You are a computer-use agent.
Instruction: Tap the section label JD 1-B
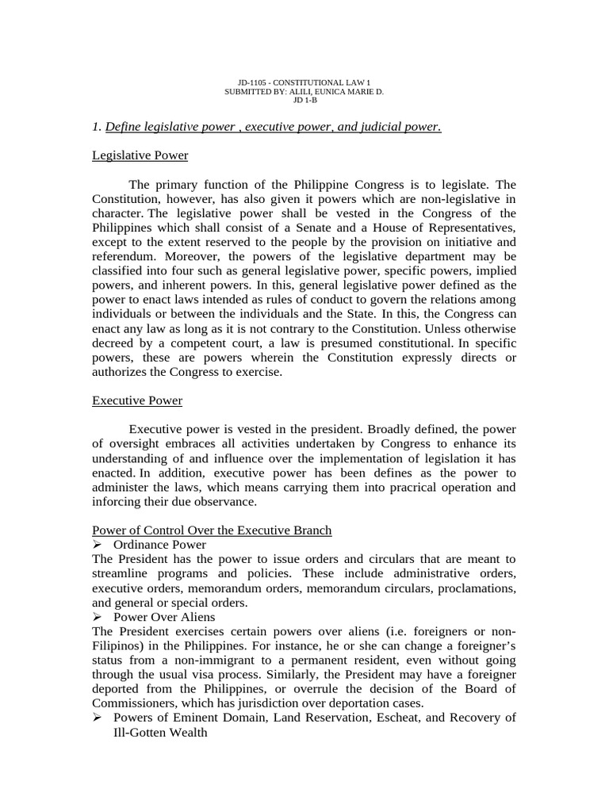point(305,101)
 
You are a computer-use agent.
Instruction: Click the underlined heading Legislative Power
point(140,155)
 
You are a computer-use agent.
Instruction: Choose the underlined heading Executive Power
point(137,400)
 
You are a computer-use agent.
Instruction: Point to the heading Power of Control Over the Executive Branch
point(212,530)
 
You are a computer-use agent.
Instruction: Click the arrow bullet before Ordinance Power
point(98,545)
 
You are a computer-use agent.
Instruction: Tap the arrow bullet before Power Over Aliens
point(98,616)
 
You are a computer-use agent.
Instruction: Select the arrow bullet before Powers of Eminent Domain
point(98,717)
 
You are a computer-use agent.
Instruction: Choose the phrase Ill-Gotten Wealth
point(160,732)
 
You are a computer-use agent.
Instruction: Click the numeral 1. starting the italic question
point(97,127)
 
